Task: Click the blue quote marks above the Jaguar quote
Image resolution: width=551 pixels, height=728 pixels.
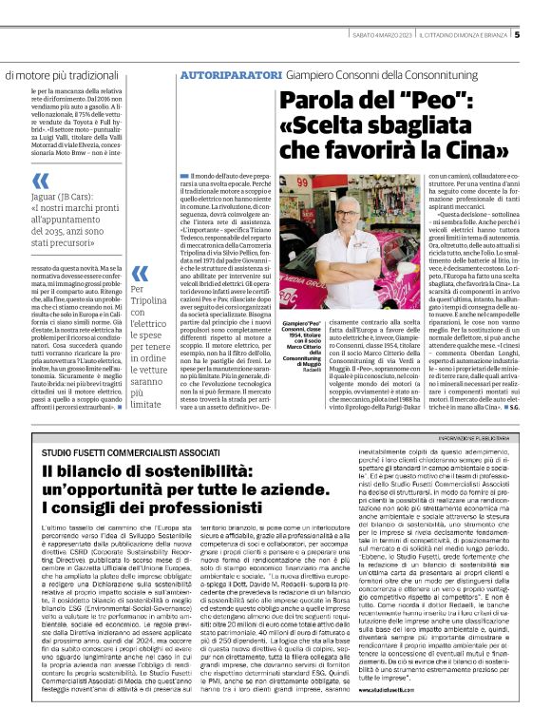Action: pyautogui.click(x=39, y=181)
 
